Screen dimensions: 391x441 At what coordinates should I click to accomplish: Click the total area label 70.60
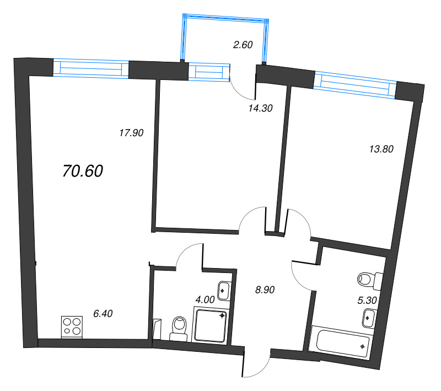(83, 172)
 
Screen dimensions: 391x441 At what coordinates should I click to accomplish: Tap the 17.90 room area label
(131, 132)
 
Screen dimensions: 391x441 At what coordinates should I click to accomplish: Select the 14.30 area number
(261, 109)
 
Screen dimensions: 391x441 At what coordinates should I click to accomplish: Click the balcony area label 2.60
(243, 45)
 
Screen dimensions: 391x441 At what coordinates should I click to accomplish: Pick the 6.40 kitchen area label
(103, 313)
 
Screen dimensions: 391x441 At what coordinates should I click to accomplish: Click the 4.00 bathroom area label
(205, 300)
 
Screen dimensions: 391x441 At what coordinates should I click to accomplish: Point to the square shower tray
(211, 325)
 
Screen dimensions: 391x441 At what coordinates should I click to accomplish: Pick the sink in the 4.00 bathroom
(224, 290)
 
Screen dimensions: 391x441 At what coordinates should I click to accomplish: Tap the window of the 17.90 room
(91, 68)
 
